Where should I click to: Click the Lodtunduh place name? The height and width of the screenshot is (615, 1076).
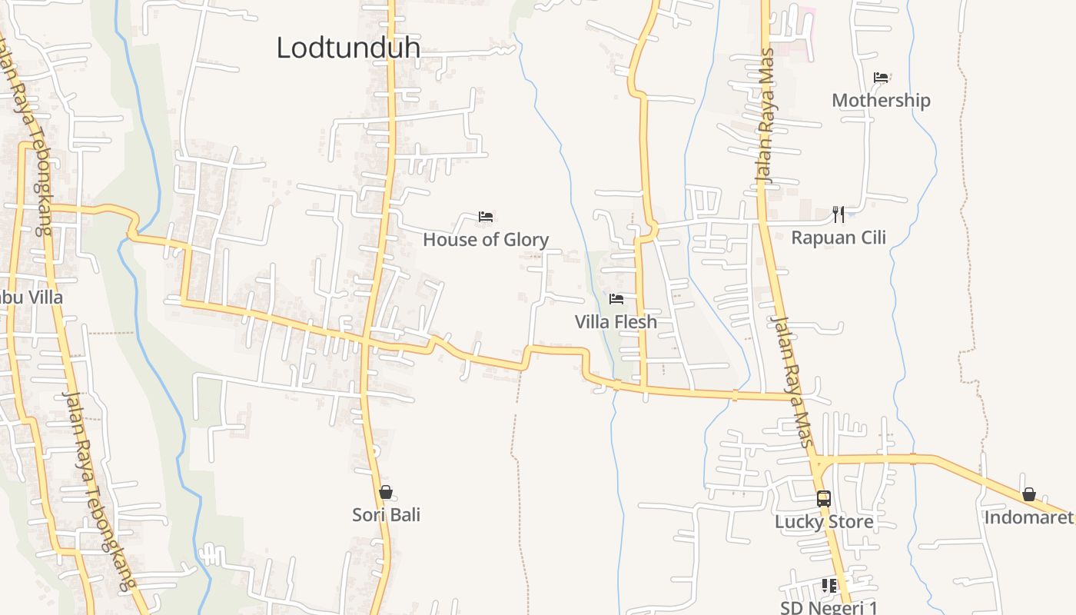point(348,48)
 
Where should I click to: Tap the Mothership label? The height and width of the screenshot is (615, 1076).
point(881,101)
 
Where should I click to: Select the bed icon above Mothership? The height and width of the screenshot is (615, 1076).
point(881,78)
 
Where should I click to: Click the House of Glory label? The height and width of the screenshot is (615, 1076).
point(486,240)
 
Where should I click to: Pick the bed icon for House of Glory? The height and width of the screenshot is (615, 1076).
point(486,217)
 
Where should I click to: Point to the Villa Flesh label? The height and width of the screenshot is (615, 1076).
point(616,322)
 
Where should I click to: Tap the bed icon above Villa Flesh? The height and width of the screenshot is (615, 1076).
point(616,298)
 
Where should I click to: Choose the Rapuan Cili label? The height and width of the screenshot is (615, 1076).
point(839,238)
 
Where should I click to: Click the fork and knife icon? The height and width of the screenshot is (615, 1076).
point(839,214)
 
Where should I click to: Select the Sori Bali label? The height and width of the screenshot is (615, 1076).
point(386,515)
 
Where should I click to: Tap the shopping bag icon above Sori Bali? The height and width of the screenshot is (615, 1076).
point(386,492)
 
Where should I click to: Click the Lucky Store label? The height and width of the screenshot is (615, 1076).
point(824,522)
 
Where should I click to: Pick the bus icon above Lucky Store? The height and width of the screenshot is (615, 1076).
point(824,498)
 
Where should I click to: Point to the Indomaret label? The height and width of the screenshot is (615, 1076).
point(1028,517)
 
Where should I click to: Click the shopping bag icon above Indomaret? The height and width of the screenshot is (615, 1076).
point(1029,494)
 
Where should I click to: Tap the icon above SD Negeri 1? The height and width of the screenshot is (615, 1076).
point(829,586)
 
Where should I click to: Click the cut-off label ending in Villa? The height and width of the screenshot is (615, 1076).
point(32,298)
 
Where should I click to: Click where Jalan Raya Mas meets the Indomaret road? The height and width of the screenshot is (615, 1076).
point(817,460)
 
